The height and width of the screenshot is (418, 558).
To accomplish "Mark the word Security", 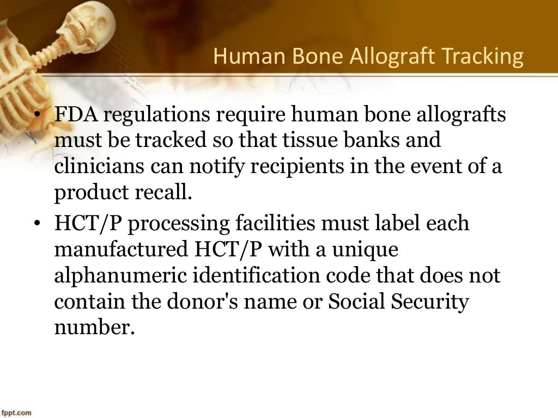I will [428, 302].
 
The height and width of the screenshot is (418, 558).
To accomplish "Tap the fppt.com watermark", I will [16, 413].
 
